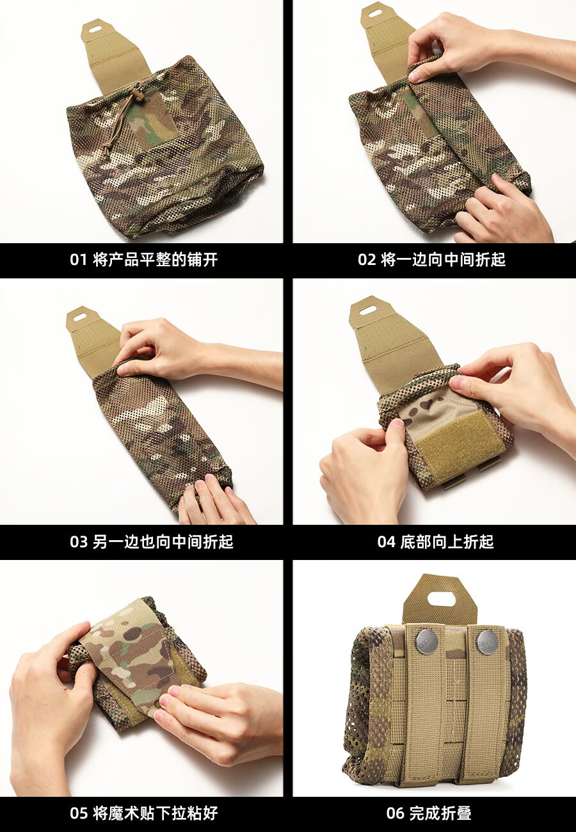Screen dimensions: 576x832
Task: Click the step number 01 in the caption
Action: [78, 259]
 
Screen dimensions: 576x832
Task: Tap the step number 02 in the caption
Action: [367, 259]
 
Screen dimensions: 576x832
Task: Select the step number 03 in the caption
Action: [78, 542]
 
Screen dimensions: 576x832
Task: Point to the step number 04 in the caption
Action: [386, 542]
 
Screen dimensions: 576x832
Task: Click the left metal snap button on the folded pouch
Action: [427, 642]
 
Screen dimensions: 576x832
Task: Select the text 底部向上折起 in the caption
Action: [447, 542]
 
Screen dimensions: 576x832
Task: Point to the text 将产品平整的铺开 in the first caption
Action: [156, 259]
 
